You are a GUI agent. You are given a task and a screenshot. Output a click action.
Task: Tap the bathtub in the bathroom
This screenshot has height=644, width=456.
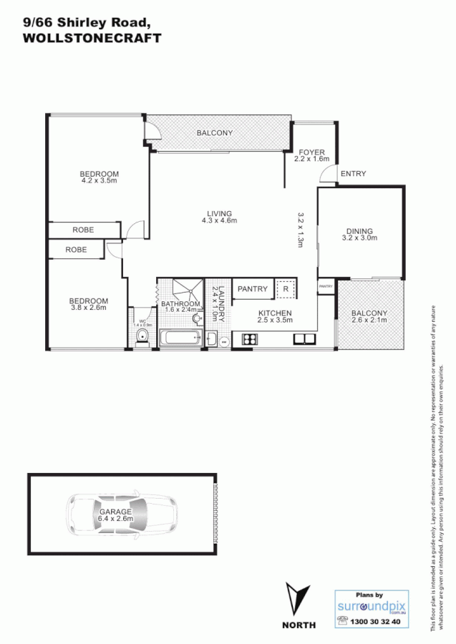coord(179,338)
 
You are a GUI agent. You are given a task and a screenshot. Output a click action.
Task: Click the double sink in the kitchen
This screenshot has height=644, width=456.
coord(300,339)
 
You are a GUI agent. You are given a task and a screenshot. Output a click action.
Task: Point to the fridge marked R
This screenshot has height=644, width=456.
coord(285,290)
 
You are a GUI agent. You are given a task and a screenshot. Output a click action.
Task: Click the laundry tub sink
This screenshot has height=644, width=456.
coord(213,339)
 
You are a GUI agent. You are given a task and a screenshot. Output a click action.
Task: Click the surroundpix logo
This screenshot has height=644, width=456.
coord(369,606)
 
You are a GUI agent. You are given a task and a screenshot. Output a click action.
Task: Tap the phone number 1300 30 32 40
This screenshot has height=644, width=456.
coord(376,623)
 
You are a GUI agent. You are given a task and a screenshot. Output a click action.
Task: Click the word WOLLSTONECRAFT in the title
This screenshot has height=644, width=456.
coord(93,39)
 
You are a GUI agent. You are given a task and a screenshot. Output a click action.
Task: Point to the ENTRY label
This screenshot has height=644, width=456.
coord(353,174)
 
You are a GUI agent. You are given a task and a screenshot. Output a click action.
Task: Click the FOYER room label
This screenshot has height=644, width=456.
coord(311,152)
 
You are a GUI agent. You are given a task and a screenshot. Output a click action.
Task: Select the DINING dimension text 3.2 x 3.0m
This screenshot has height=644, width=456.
coord(360,238)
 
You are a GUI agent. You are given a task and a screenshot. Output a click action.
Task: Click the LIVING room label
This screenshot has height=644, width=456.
coord(220,213)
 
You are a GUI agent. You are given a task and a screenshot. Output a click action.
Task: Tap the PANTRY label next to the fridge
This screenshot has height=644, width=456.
coord(251,289)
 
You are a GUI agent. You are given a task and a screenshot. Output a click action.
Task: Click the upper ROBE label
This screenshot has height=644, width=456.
coord(84,230)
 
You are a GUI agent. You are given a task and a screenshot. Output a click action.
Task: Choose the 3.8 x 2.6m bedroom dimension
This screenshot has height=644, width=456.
coord(88,308)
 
